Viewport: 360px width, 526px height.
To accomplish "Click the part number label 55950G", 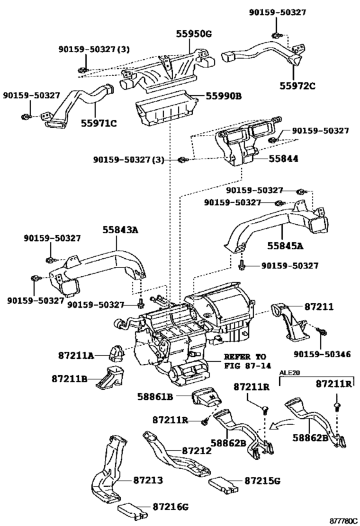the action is [194, 34].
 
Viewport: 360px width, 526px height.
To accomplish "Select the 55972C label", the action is [298, 86].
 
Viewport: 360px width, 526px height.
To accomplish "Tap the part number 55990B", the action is [223, 96].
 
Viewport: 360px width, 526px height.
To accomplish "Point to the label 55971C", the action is [99, 123].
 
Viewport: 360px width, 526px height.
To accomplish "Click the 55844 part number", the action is [283, 159].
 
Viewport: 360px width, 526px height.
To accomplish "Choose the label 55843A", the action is [121, 230].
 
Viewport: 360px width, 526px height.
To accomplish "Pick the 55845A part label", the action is [285, 246].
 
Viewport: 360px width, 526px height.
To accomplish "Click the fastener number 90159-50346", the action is [322, 354].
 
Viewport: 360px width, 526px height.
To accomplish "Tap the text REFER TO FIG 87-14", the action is [247, 361].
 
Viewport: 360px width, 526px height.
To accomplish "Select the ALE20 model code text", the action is [289, 373].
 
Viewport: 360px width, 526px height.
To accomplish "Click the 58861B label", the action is [155, 396].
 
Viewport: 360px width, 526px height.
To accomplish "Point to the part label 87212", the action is [197, 450].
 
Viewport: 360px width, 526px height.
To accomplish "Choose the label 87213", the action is [148, 480].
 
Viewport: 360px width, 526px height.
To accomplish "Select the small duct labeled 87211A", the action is [116, 354].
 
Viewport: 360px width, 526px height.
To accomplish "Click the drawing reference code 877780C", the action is [343, 521].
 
